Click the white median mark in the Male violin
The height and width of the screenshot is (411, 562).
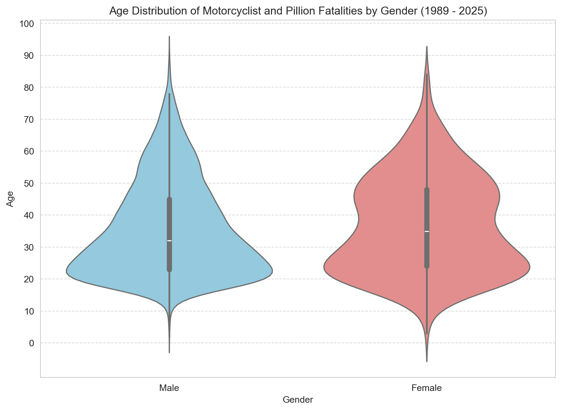pyautogui.click(x=169, y=241)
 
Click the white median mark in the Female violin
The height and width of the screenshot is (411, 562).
pyautogui.click(x=427, y=231)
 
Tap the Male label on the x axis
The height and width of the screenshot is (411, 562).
pyautogui.click(x=169, y=388)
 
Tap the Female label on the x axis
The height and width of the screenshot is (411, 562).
pyautogui.click(x=427, y=388)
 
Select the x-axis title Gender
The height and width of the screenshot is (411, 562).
pyautogui.click(x=298, y=400)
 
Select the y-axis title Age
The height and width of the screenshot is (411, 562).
pyautogui.click(x=11, y=199)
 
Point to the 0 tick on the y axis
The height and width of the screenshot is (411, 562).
pyautogui.click(x=31, y=343)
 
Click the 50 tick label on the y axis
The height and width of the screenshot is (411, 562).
pyautogui.click(x=29, y=184)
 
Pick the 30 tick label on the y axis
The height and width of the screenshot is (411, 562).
pyautogui.click(x=29, y=247)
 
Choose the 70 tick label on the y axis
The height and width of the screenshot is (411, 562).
pyautogui.click(x=29, y=120)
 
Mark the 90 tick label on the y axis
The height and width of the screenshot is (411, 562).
pyautogui.click(x=29, y=56)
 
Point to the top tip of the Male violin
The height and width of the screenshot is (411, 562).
pyautogui.click(x=169, y=36)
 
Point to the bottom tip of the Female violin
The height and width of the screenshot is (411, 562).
pyautogui.click(x=427, y=361)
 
